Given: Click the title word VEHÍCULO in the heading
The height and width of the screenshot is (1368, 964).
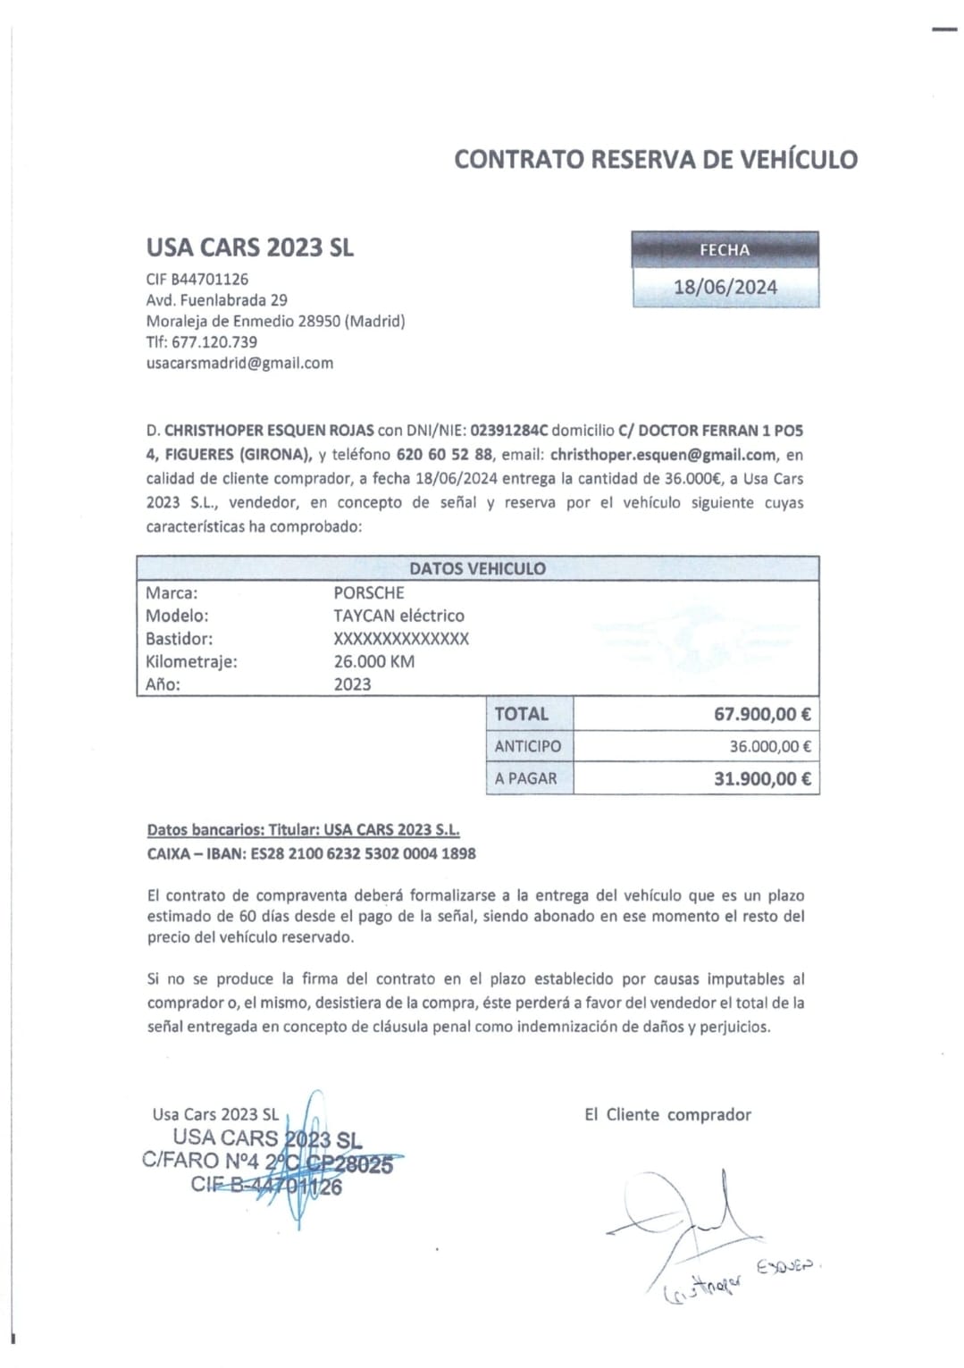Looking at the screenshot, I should point(799,159).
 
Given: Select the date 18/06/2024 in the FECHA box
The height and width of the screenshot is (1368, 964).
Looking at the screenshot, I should point(725,287).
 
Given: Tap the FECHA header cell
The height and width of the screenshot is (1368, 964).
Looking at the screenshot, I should point(725,250).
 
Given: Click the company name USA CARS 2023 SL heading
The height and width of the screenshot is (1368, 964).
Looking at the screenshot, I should point(250,248).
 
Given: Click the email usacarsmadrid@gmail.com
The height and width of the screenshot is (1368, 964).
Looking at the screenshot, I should point(239,363).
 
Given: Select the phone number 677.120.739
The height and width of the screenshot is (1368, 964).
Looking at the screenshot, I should point(214,341).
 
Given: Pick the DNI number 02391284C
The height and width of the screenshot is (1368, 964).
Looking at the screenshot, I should point(508,430).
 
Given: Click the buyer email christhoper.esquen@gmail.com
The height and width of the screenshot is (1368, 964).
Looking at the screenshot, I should point(663,454).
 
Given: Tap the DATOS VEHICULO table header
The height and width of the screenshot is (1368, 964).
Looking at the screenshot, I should point(477,568).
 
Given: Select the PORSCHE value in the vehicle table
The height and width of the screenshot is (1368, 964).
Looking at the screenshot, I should point(369,592).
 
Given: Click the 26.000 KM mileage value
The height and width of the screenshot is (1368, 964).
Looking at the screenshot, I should point(374,661).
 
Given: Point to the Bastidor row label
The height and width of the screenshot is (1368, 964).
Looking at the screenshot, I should point(179,638).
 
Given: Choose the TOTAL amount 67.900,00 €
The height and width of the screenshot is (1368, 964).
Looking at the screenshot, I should point(762,714).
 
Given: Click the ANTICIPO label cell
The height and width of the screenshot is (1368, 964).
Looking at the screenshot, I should point(528,746).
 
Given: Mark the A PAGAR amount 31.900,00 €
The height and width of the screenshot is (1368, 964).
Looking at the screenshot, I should point(762,778).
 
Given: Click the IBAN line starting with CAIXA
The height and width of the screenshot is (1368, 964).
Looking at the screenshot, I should point(311,853).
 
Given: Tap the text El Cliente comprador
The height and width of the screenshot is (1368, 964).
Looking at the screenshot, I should point(667,1114).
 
